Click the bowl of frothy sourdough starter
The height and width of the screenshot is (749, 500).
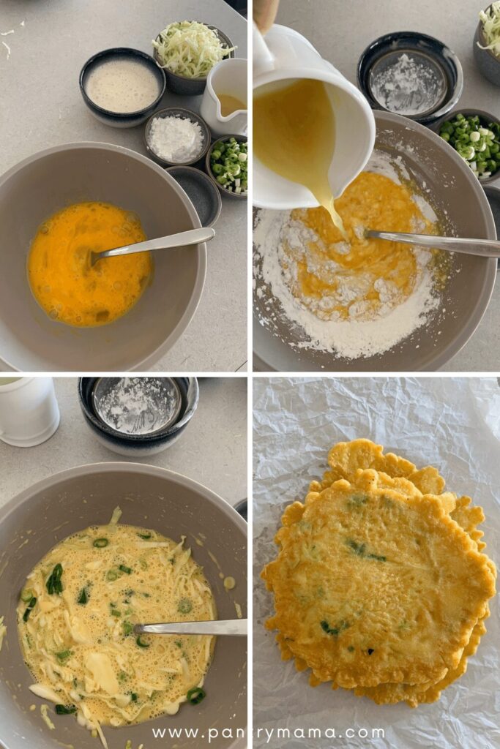coord(122,86)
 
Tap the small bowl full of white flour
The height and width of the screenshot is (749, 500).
coord(177,137)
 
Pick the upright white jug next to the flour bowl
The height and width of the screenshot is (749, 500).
coord(225,96)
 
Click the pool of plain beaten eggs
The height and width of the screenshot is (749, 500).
coord(90,263)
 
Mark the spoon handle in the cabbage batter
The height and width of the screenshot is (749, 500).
coord(191,627)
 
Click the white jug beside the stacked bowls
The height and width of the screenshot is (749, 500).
coord(28,411)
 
